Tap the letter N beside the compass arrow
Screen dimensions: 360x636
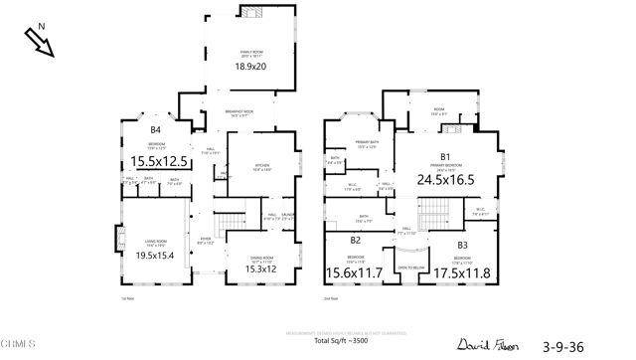(29, 29)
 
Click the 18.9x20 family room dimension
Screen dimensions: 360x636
(250, 67)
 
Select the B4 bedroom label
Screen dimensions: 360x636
(155, 130)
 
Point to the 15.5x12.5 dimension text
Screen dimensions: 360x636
(159, 159)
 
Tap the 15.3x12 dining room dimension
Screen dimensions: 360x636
(262, 269)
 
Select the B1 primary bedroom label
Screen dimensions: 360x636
(446, 156)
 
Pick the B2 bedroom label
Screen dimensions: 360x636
(356, 240)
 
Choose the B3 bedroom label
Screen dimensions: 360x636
(463, 245)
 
